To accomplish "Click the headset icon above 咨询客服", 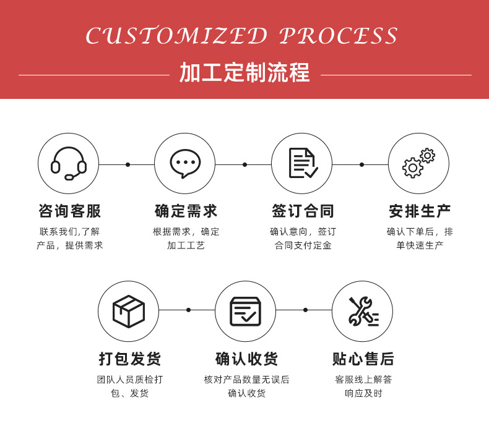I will click(x=68, y=163).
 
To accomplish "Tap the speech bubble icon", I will click(x=185, y=163).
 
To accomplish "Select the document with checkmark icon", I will click(x=302, y=163).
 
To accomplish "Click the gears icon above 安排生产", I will click(x=418, y=163).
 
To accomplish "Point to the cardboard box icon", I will click(x=128, y=311).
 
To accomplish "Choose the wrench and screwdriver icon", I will click(x=362, y=311).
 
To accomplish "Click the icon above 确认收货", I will click(x=245, y=311).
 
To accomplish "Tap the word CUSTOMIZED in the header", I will click(x=176, y=36).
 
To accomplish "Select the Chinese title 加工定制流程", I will click(x=244, y=73).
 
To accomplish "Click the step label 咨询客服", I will click(x=69, y=211).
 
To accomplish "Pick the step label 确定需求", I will click(x=186, y=211).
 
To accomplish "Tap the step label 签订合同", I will click(x=303, y=211).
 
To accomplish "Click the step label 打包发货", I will click(x=129, y=359).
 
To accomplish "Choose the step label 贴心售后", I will click(x=363, y=359).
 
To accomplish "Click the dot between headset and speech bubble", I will click(x=128, y=164).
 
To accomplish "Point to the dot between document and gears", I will click(x=361, y=164).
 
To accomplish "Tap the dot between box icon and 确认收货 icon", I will click(x=188, y=310).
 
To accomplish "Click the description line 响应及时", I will click(x=363, y=393).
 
